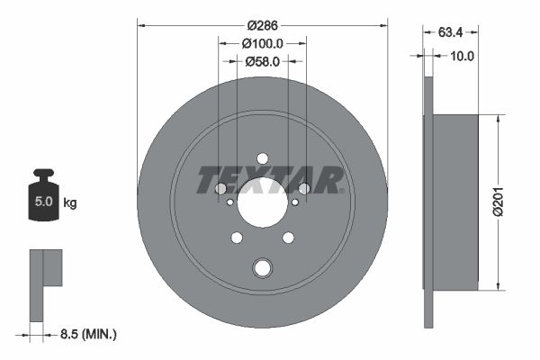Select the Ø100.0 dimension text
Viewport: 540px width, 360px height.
[263, 42]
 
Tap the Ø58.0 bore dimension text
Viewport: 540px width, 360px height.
[263, 61]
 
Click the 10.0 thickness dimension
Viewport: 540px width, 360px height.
[463, 56]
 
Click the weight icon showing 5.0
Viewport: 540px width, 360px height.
[42, 199]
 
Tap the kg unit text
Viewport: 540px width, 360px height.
[70, 202]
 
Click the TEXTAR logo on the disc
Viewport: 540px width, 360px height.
[270, 180]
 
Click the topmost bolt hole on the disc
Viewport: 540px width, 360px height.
[262, 158]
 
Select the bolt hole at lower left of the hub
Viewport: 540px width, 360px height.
[237, 238]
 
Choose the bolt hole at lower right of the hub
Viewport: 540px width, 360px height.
[288, 238]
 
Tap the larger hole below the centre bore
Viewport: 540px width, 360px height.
[262, 267]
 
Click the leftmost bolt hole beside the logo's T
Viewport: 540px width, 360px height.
[220, 188]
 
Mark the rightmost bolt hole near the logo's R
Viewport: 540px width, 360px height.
[304, 188]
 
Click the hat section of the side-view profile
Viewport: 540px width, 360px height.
[454, 202]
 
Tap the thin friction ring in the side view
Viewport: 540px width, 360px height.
[428, 202]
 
